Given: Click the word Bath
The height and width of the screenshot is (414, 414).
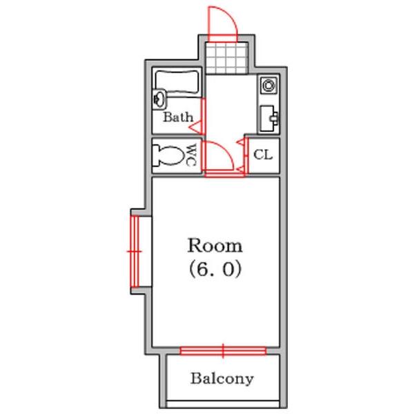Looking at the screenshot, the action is [178, 117].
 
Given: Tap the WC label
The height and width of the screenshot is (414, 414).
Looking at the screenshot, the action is [191, 155].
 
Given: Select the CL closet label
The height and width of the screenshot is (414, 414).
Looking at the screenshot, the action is [263, 155].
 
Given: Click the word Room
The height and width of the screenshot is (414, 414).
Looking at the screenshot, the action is [215, 246].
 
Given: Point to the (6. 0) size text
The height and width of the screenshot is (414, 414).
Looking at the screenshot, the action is [215, 269].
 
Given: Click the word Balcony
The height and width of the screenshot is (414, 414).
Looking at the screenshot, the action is [221, 379].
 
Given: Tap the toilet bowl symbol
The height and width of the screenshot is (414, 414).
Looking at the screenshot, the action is [168, 155].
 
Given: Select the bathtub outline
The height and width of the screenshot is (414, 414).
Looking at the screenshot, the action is [177, 82].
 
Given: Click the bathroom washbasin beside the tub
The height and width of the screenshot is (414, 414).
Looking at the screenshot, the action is [160, 99].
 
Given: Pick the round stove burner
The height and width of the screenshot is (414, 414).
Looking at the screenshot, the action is [269, 86].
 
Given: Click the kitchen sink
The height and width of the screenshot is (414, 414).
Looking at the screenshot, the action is [269, 119].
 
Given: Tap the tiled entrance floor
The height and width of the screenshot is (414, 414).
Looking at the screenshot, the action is [227, 57].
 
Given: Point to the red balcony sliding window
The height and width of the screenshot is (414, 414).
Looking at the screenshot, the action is [223, 351].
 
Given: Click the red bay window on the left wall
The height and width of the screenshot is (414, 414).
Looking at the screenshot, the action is [135, 251].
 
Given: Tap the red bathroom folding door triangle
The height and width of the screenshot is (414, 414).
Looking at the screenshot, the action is [196, 127].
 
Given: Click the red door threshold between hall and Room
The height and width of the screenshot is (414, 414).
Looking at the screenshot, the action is [224, 174].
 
